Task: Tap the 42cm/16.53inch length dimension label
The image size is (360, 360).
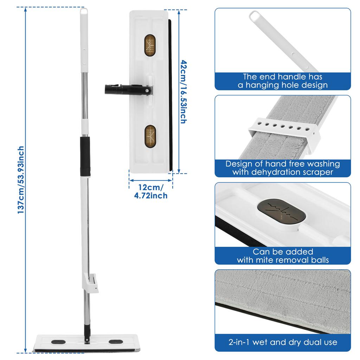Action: coord(183,91)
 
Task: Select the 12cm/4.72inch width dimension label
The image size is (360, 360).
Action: coord(151,191)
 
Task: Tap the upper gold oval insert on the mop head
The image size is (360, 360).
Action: coord(150,45)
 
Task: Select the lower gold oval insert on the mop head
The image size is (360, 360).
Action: coord(150,136)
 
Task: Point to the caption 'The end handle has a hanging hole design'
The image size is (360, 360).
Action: coord(283,81)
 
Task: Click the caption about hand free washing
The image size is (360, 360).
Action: coord(283,168)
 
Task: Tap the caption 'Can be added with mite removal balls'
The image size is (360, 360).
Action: coord(283,256)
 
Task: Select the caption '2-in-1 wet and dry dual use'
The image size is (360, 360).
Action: coord(283,342)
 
